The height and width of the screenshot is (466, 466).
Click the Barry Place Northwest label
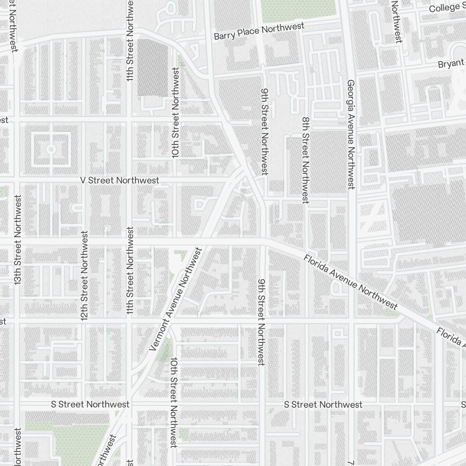click(x=259, y=32)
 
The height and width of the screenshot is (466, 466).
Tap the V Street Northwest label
click(x=119, y=180)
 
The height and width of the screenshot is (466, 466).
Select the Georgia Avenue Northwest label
click(x=351, y=134)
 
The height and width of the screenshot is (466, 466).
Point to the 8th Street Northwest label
click(x=305, y=160)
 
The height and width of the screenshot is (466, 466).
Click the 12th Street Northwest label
click(x=84, y=275)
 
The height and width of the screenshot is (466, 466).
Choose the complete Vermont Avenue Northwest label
click(x=176, y=299)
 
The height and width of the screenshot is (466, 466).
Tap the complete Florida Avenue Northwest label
click(x=350, y=282)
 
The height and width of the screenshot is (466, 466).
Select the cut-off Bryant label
click(x=451, y=63)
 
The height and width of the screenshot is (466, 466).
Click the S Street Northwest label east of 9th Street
click(x=323, y=404)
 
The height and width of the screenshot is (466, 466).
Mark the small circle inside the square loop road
click(x=51, y=149)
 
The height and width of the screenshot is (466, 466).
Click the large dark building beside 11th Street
click(x=153, y=68)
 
